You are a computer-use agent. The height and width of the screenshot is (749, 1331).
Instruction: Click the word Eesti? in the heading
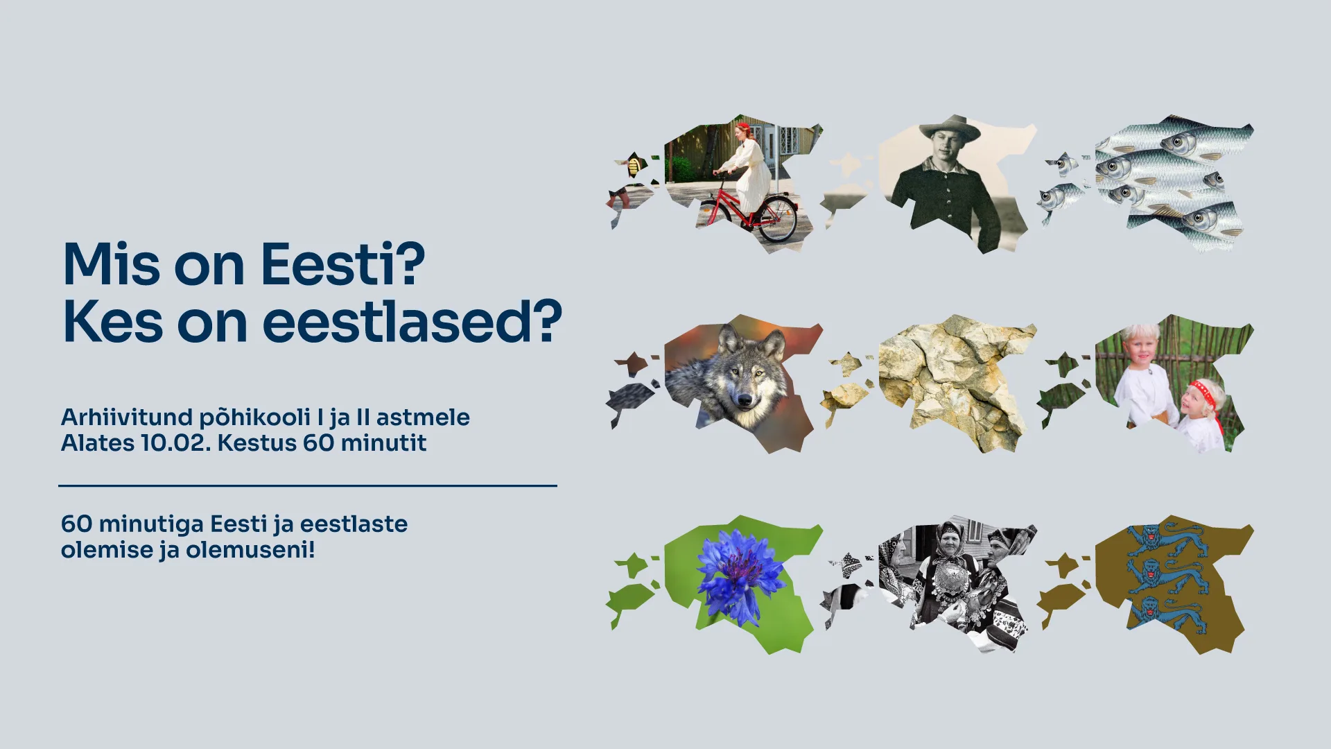pos(342,264)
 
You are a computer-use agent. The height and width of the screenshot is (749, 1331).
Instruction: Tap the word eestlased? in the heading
pos(412,322)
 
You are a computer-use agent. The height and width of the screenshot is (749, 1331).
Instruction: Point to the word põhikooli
pos(255,417)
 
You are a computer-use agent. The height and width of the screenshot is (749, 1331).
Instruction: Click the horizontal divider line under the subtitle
pos(308,485)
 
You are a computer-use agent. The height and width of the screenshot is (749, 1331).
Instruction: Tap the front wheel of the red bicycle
pos(778,218)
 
